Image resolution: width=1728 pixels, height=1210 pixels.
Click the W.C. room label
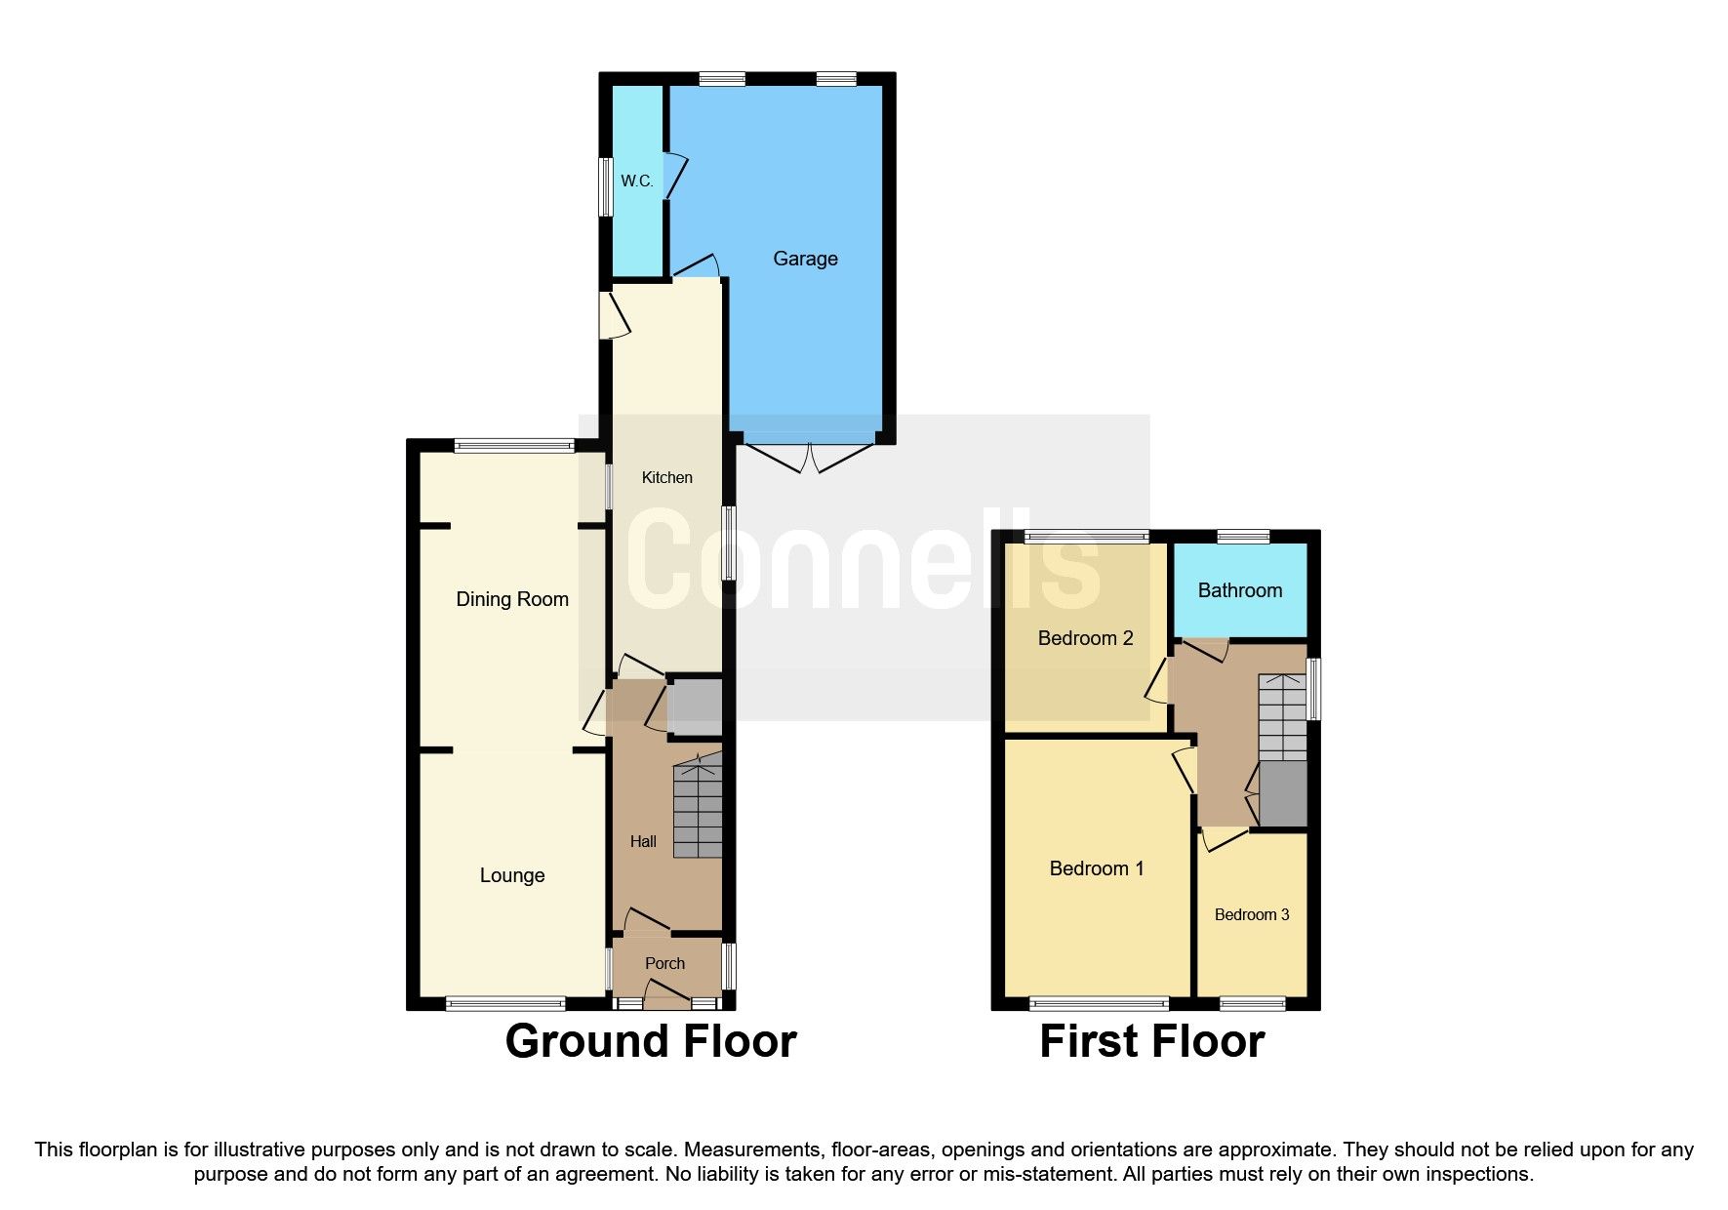coord(637,181)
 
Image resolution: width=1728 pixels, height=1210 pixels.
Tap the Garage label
coord(805,259)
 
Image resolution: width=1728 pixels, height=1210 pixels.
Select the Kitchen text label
coord(666,477)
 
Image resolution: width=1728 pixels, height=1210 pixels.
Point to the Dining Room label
coord(512,599)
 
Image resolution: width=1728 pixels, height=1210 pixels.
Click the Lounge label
coord(512,875)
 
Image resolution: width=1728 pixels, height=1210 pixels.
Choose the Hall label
coord(643,841)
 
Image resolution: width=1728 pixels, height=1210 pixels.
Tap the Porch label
coord(664,963)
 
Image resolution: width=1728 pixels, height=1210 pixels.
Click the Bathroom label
coord(1239,590)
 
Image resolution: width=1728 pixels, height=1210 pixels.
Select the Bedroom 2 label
coord(1085,638)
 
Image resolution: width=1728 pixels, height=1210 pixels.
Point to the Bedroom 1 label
coord(1097,868)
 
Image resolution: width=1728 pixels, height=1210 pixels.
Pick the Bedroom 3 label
coord(1252,914)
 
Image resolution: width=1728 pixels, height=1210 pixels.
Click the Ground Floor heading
coord(651,1041)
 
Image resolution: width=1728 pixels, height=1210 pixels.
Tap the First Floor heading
coord(1151,1041)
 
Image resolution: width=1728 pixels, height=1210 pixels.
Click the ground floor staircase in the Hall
coord(698,810)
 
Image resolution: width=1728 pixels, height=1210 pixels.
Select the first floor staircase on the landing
coord(1282,717)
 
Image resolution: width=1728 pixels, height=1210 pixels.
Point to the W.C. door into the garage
coord(674,177)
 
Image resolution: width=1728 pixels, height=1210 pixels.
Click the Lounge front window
coord(505,1003)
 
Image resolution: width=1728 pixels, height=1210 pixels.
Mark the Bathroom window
coord(1243,536)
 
